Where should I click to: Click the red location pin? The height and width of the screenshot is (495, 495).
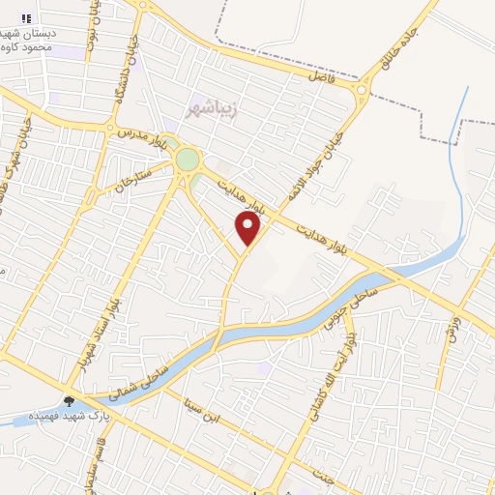click(248, 229)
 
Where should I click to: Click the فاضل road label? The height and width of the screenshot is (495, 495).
click(320, 74)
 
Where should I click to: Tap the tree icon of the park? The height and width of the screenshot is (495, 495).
click(70, 400)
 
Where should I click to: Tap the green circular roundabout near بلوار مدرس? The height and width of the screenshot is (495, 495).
click(187, 160)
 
